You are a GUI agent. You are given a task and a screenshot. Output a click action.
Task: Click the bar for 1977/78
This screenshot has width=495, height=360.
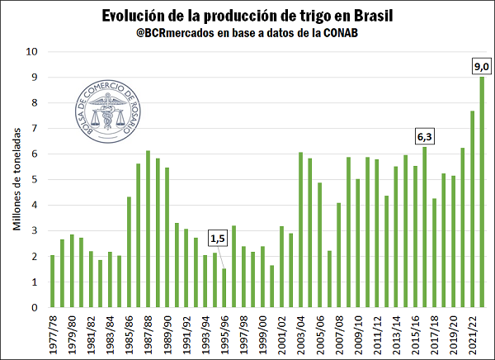pyautogui.click(x=53, y=282)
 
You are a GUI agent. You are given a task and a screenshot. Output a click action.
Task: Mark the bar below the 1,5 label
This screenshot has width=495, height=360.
pyautogui.click(x=224, y=288)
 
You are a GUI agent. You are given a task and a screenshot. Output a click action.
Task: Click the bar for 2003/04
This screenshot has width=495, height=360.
pyautogui.click(x=301, y=230)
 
